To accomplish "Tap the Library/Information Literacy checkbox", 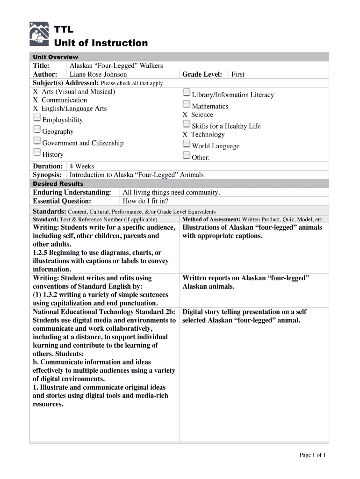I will pyautogui.click(x=187, y=92).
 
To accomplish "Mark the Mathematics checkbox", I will pyautogui.click(x=187, y=104).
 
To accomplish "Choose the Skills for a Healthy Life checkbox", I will pyautogui.click(x=187, y=124).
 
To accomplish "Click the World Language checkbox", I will pyautogui.click(x=187, y=144).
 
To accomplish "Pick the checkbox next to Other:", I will pyautogui.click(x=187, y=155).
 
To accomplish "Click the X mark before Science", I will pyautogui.click(x=185, y=115).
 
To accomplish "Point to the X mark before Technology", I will pyautogui.click(x=185, y=135).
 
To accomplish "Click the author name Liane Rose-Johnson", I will pyautogui.click(x=98, y=74).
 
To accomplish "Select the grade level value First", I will pyautogui.click(x=238, y=74).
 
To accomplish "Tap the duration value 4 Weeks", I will pyautogui.click(x=82, y=167).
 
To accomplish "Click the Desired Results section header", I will pyautogui.click(x=58, y=184).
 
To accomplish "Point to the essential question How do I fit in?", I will pyautogui.click(x=145, y=201).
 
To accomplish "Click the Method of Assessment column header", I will pyautogui.click(x=253, y=219).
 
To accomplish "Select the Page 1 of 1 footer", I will pyautogui.click(x=312, y=455).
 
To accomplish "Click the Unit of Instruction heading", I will pyautogui.click(x=101, y=44).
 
